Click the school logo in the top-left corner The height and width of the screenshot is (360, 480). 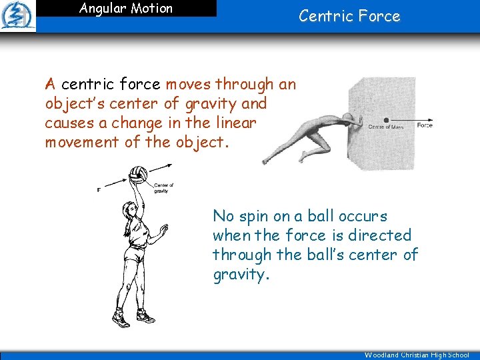(18, 15)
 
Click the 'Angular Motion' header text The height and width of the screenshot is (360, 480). (126, 9)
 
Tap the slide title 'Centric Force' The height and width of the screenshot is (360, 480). (349, 16)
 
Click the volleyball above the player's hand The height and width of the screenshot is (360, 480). (139, 175)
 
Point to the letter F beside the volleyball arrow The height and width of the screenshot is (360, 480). (99, 190)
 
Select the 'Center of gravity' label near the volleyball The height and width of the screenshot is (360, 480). (163, 188)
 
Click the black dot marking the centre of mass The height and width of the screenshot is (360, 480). (386, 121)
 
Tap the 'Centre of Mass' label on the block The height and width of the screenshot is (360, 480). (386, 127)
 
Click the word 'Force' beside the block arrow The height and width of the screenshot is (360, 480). (424, 125)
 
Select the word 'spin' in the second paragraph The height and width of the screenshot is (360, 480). (255, 216)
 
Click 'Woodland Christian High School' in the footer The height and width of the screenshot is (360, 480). (417, 355)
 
